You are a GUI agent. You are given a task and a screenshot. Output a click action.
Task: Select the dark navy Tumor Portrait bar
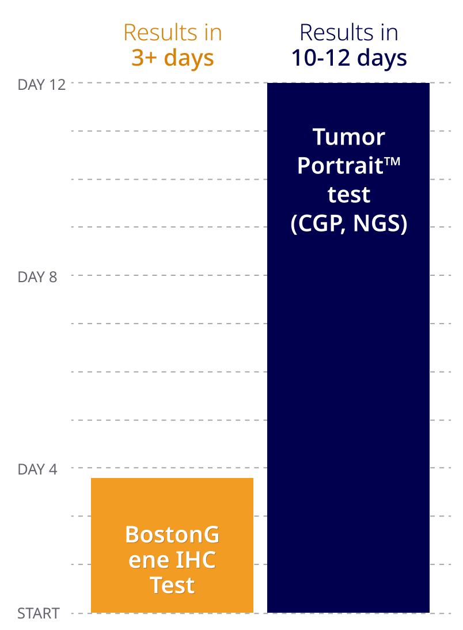348,403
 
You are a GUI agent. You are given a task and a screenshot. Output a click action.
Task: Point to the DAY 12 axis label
41,85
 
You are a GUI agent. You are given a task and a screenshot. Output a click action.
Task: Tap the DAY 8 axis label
37,277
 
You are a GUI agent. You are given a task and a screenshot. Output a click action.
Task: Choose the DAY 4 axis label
37,469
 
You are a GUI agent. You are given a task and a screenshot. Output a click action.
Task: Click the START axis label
38,614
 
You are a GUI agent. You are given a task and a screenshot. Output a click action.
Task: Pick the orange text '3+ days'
172,58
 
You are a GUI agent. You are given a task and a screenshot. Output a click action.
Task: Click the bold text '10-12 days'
348,58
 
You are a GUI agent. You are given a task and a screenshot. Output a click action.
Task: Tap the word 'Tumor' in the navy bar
348,138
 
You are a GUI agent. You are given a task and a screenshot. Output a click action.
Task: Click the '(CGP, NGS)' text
348,224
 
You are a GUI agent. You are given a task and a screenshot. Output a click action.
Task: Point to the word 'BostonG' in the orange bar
172,535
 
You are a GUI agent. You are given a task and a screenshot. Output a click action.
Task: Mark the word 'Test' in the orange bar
172,586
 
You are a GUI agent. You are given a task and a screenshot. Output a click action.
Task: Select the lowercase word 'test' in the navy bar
348,195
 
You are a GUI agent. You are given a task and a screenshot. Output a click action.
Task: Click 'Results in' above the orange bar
172,33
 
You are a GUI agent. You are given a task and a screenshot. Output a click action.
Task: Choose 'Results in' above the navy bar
348,33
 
